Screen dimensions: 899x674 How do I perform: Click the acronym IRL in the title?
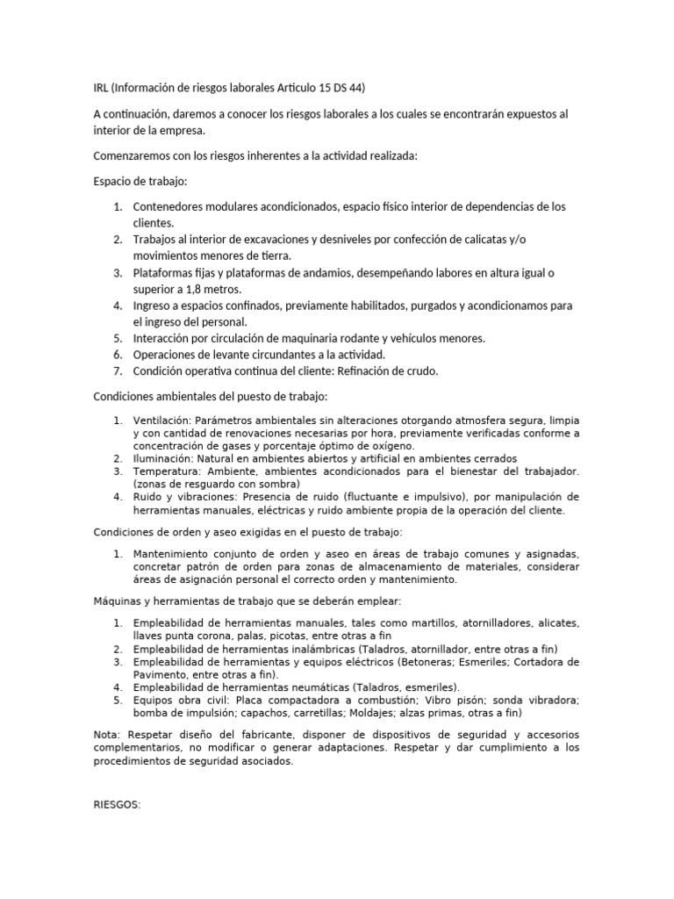tap(102, 88)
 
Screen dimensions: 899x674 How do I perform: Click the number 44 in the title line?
tap(355, 88)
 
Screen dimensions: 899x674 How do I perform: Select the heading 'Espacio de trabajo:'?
tap(140, 182)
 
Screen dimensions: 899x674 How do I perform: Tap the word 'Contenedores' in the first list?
tap(171, 207)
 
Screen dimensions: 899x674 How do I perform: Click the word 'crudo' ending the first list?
tap(420, 370)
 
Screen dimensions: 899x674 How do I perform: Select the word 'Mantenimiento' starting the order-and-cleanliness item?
tap(173, 554)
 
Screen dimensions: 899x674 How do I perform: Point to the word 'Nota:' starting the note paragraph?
tap(109, 734)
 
